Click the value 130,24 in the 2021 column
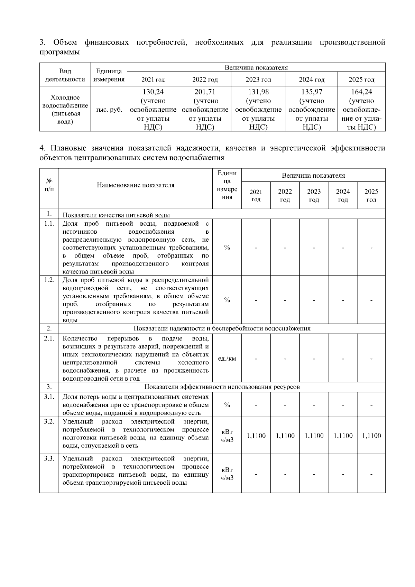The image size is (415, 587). click(x=153, y=92)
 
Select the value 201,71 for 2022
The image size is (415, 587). click(x=205, y=92)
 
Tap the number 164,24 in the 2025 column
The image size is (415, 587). click(x=361, y=92)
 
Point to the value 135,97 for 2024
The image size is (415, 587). click(x=312, y=92)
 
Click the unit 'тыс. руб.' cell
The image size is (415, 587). click(x=109, y=110)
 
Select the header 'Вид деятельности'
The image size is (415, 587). click(x=65, y=75)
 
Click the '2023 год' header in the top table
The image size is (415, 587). click(x=258, y=80)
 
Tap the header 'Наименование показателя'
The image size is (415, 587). click(x=136, y=185)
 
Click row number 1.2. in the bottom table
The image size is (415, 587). click(x=49, y=280)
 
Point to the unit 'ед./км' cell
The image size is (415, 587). click(x=227, y=358)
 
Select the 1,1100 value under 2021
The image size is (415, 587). click(x=256, y=436)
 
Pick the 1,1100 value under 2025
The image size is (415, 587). click(x=371, y=436)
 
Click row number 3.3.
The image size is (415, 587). click(x=49, y=458)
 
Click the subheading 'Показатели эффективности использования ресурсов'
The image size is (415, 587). click(x=222, y=386)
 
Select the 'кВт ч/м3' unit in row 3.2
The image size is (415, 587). click(x=227, y=436)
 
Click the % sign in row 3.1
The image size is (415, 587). click(x=227, y=405)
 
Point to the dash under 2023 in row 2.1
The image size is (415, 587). click(x=314, y=358)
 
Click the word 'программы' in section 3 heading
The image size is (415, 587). click(x=59, y=52)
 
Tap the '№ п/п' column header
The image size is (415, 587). click(x=49, y=185)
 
